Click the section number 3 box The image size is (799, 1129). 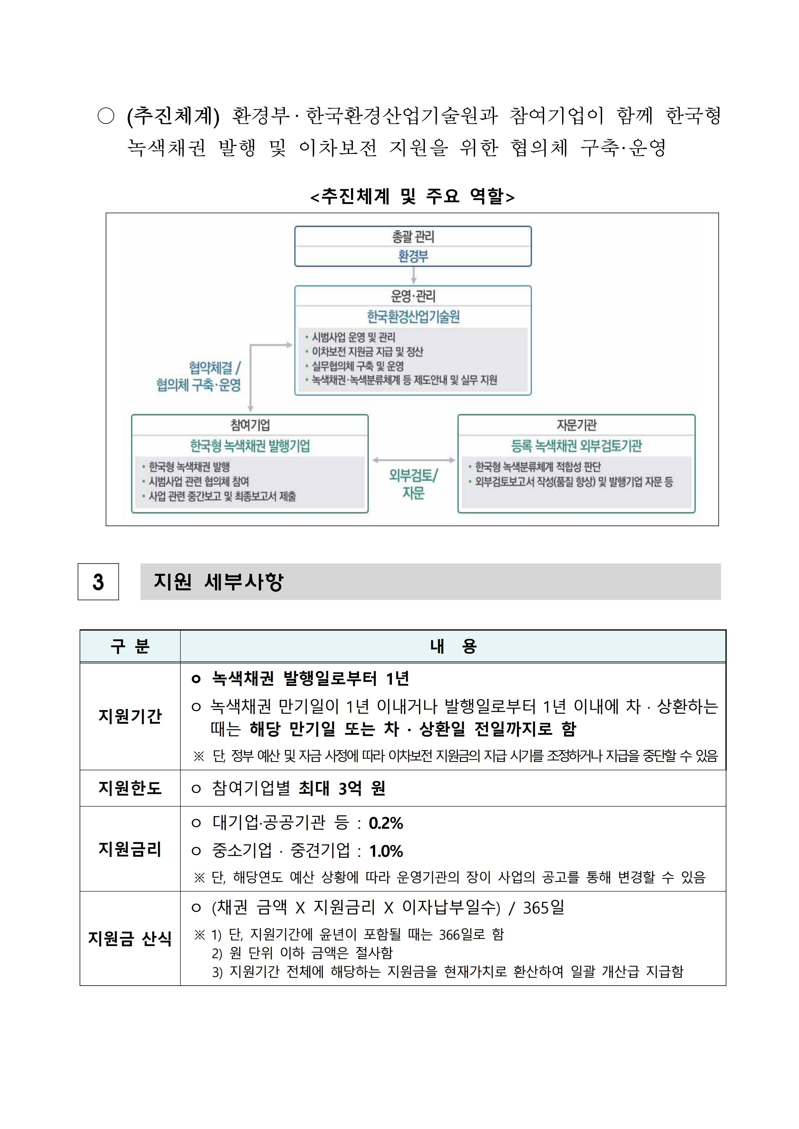(98, 582)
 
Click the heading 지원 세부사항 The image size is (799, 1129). (219, 582)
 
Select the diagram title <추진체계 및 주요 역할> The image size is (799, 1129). (412, 196)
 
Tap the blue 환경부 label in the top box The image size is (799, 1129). (413, 256)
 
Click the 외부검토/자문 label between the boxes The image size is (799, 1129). (413, 484)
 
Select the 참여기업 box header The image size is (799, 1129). (250, 425)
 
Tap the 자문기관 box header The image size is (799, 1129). (576, 425)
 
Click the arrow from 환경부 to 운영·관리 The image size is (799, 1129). (413, 275)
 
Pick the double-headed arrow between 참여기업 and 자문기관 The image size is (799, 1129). (413, 460)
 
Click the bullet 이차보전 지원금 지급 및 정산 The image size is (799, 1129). (367, 352)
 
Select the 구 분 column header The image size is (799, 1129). (130, 646)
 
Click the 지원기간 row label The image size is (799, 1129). (130, 716)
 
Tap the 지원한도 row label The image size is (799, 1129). (130, 788)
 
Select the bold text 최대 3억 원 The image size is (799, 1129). (342, 788)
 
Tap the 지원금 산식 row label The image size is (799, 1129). (130, 939)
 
